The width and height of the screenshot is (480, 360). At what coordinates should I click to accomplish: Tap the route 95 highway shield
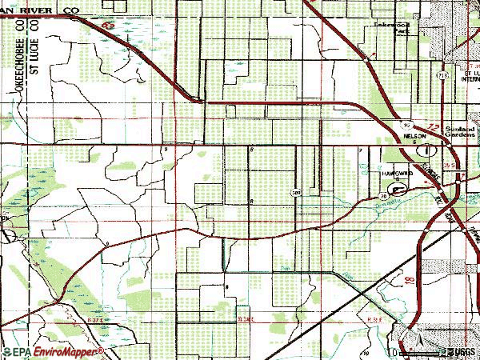tap(406, 125)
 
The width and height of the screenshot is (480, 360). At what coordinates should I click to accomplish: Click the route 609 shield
tap(296, 192)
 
